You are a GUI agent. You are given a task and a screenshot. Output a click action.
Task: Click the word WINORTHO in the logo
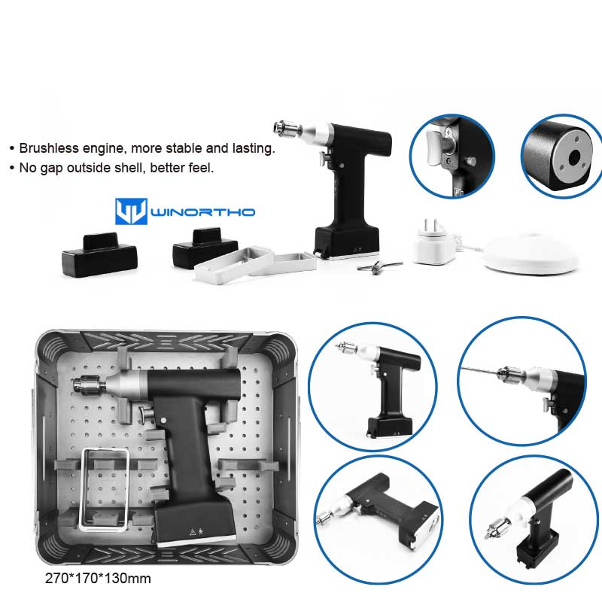click(x=203, y=212)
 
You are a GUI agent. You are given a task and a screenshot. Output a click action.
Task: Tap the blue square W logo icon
click(x=131, y=211)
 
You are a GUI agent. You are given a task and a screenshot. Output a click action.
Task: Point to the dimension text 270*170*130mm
click(x=98, y=578)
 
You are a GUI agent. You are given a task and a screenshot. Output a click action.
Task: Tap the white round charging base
click(x=531, y=254)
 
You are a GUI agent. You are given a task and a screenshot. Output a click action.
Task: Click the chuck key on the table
click(x=379, y=266)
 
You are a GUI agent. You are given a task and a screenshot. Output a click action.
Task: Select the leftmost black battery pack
click(x=99, y=254)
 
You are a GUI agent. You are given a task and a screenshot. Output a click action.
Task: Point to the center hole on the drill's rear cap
click(x=575, y=157)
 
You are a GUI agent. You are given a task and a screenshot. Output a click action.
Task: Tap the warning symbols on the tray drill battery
click(x=196, y=532)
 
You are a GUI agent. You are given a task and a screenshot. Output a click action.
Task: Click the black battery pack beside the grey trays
click(x=205, y=247)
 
